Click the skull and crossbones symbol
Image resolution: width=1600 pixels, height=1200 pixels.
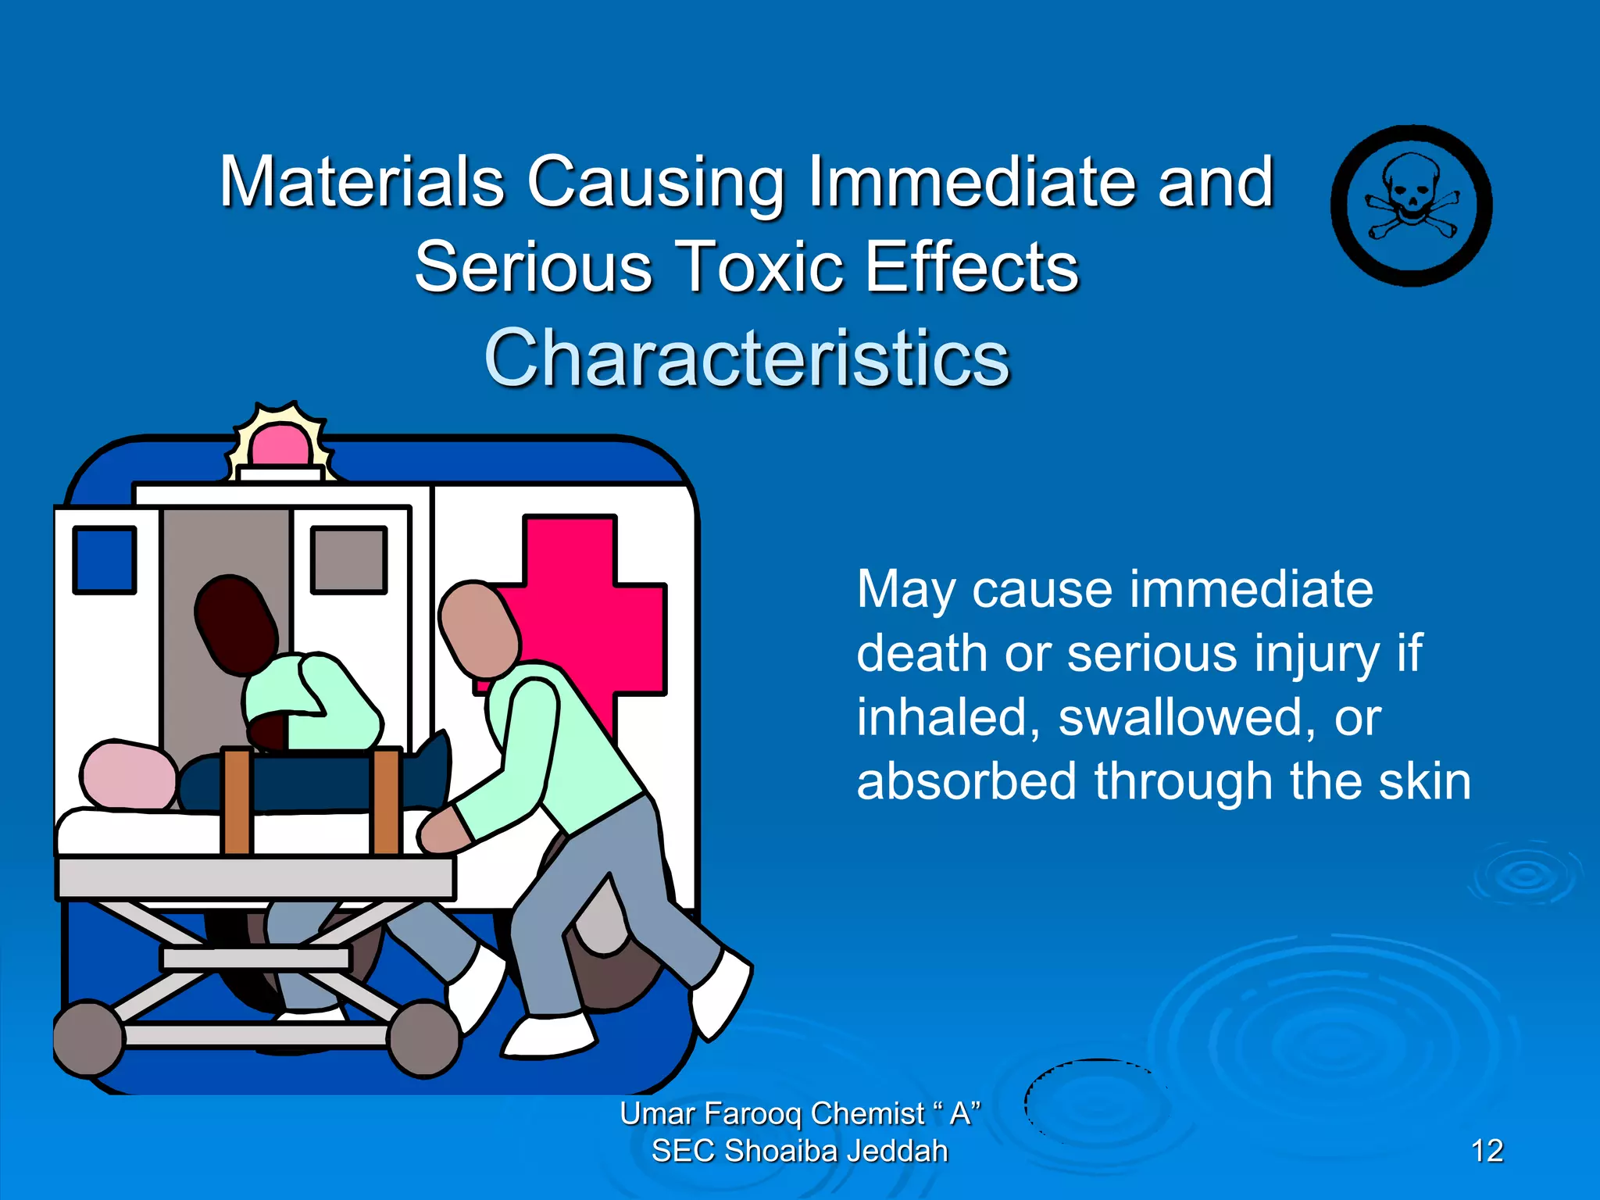click(x=1411, y=205)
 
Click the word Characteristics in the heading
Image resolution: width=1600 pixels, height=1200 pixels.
click(x=747, y=358)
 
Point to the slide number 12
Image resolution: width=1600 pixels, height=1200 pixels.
click(x=1487, y=1151)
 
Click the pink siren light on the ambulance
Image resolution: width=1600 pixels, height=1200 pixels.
click(x=280, y=446)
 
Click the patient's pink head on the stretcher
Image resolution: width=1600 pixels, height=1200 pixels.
click(x=128, y=773)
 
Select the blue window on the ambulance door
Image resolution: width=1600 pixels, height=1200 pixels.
click(x=105, y=559)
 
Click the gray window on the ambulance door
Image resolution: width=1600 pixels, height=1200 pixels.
click(x=348, y=559)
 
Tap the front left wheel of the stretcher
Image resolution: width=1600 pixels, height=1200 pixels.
click(x=88, y=1038)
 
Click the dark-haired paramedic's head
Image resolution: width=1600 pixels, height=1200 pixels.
click(x=236, y=625)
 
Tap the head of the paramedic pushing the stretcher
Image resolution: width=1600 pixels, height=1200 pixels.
click(x=479, y=630)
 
